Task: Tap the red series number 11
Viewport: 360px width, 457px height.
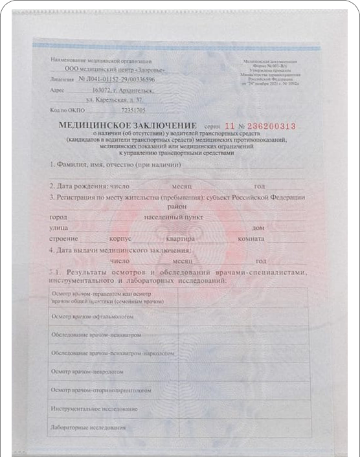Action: (229, 126)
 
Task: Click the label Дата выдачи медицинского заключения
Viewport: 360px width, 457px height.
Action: (120, 249)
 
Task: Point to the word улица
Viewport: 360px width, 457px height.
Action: (59, 227)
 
